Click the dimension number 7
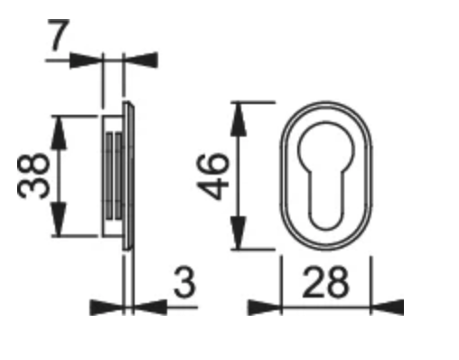click(x=59, y=34)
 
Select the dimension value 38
click(x=33, y=176)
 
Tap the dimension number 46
click(x=213, y=176)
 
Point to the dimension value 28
click(x=325, y=282)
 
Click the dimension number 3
click(x=184, y=282)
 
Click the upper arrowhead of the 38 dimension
click(x=59, y=133)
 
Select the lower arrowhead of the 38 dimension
click(x=59, y=219)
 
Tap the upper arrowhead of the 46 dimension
click(x=239, y=119)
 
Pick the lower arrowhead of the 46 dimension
click(x=239, y=233)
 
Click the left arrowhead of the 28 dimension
click(x=264, y=308)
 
